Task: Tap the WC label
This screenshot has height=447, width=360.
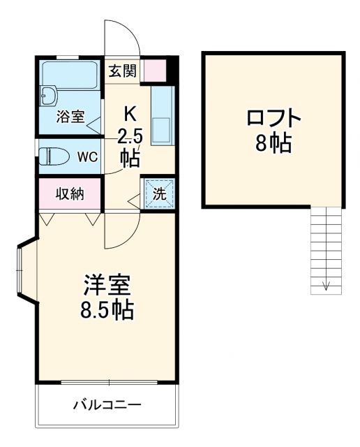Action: tap(88, 156)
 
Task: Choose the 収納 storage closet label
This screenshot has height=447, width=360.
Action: tap(70, 193)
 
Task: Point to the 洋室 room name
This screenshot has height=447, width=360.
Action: tap(108, 284)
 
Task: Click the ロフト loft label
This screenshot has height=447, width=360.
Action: tap(273, 117)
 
